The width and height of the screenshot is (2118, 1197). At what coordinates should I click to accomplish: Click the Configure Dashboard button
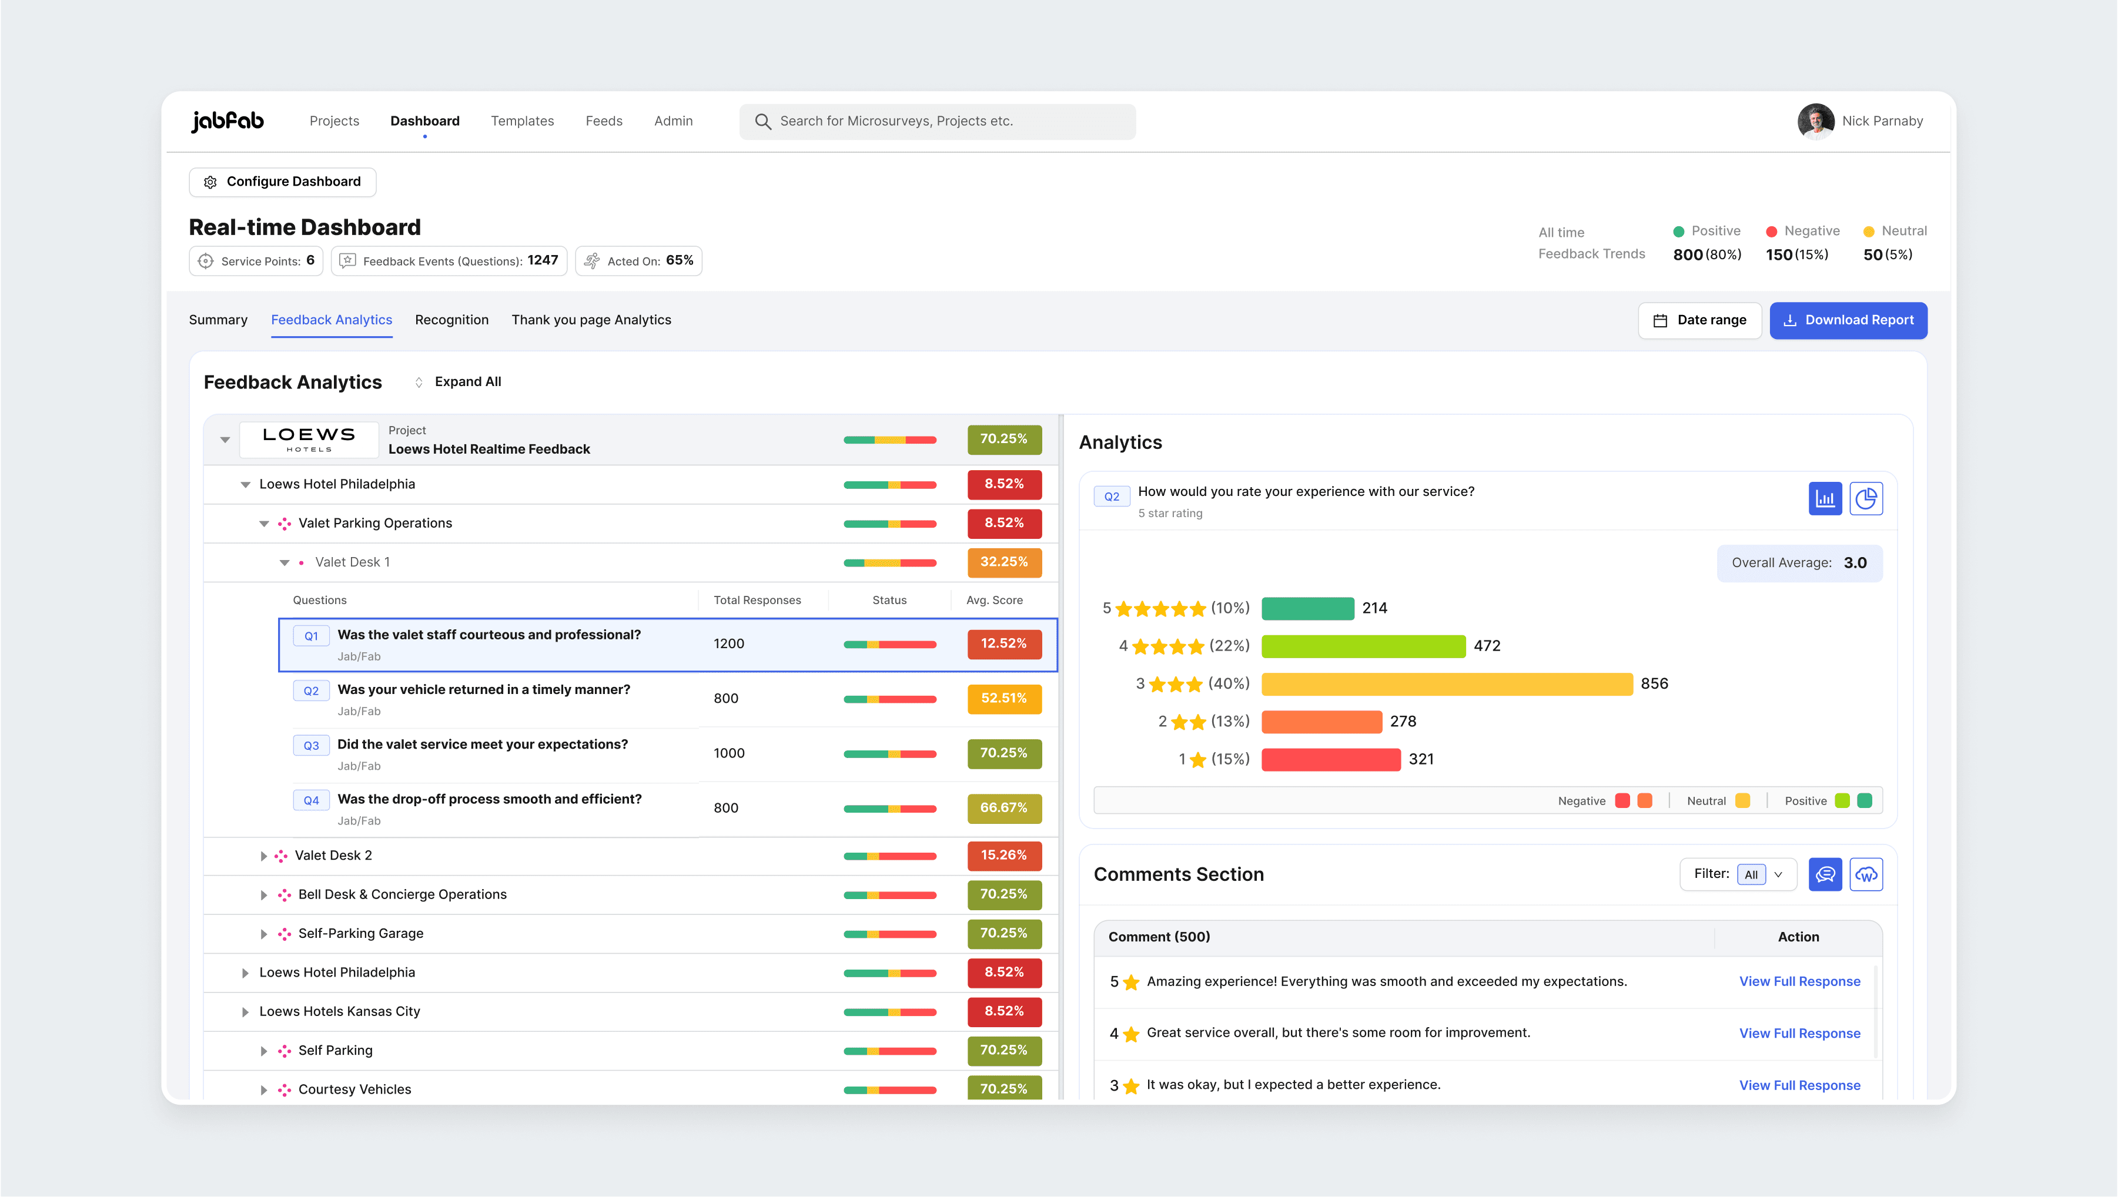click(282, 182)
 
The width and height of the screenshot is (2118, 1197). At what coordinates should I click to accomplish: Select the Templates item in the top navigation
click(522, 121)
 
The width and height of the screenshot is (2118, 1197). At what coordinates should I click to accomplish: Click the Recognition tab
click(451, 320)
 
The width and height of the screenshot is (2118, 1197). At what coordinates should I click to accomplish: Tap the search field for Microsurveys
click(937, 121)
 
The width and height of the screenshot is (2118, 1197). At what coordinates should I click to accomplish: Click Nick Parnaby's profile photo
click(1815, 122)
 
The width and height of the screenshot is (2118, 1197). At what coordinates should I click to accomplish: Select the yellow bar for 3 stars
click(1447, 684)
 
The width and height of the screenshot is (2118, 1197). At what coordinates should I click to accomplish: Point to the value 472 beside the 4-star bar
click(1487, 646)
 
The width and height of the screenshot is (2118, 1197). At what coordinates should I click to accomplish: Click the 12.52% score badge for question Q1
click(1004, 643)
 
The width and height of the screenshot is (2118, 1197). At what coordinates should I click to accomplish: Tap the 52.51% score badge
click(1004, 699)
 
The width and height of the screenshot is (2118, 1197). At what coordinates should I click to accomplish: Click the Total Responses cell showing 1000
click(730, 753)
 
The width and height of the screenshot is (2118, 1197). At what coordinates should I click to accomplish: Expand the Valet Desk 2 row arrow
click(263, 856)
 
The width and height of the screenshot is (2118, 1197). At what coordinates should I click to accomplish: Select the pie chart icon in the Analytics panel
click(1866, 499)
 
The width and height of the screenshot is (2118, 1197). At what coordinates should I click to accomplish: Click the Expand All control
click(458, 381)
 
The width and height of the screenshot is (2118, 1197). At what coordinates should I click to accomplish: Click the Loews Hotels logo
click(309, 439)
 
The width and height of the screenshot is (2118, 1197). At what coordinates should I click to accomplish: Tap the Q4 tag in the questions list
click(311, 800)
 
